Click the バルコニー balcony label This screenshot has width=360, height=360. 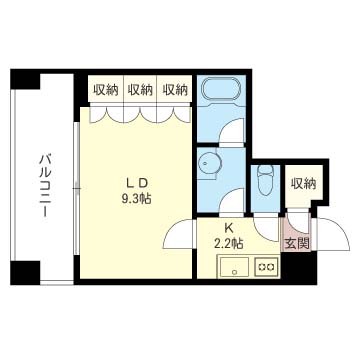44,186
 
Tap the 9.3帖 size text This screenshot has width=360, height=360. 136,199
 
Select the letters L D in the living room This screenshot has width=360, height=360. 136,183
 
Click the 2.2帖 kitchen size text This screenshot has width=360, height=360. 228,243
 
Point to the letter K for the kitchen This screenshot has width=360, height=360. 228,228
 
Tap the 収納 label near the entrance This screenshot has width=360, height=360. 303,184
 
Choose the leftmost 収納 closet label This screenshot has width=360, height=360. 106,90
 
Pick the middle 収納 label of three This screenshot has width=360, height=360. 140,90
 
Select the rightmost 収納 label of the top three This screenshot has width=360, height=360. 175,90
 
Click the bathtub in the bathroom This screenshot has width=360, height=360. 221,89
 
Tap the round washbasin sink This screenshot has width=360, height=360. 207,163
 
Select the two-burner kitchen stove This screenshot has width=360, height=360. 266,267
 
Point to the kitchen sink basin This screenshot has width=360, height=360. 234,267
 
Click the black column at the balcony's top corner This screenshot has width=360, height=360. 25,79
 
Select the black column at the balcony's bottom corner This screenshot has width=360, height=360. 25,273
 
